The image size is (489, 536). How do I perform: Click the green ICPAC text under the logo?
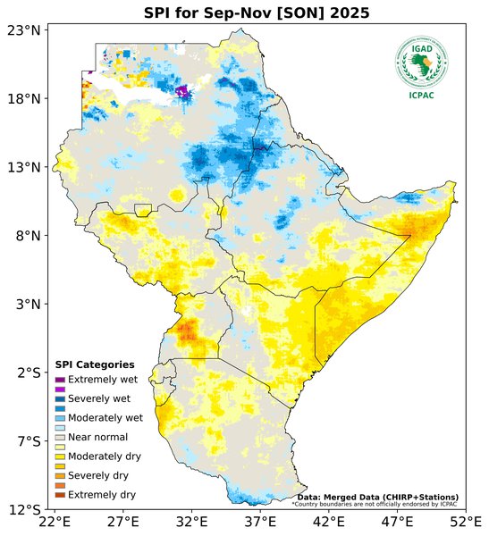click(x=421, y=96)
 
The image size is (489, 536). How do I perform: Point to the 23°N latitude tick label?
click(x=24, y=30)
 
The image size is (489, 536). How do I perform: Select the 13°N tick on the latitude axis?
click(x=24, y=167)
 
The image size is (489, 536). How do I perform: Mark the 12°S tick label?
click(x=24, y=510)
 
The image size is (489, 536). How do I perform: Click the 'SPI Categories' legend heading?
click(x=95, y=364)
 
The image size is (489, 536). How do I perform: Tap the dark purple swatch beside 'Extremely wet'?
click(x=60, y=380)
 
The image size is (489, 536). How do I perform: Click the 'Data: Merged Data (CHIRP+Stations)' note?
click(x=377, y=497)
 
